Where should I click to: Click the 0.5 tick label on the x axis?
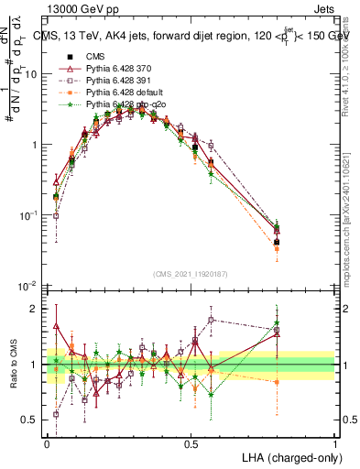click(x=191, y=443)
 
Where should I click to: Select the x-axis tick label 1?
click(x=335, y=443)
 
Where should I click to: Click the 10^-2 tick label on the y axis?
click(x=30, y=285)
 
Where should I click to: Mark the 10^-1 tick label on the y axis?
click(x=30, y=215)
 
